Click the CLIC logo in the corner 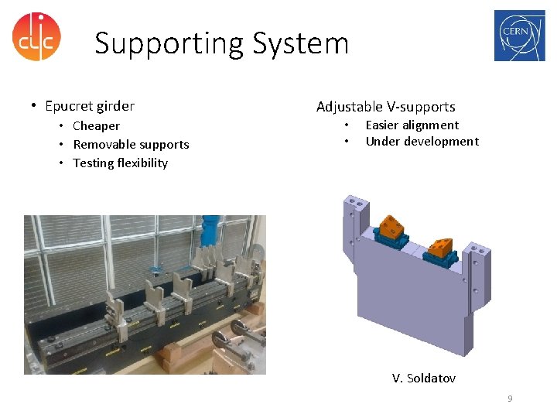coord(36,36)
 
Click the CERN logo coord(519,36)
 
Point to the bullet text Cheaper coord(96,126)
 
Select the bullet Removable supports coord(131,145)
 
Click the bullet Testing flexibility coord(120,163)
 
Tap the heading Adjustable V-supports coord(385,107)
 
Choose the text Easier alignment coord(412,125)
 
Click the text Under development coord(422,142)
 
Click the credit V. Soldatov coord(423,378)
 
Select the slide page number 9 coord(510,399)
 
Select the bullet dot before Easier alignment coord(347,125)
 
